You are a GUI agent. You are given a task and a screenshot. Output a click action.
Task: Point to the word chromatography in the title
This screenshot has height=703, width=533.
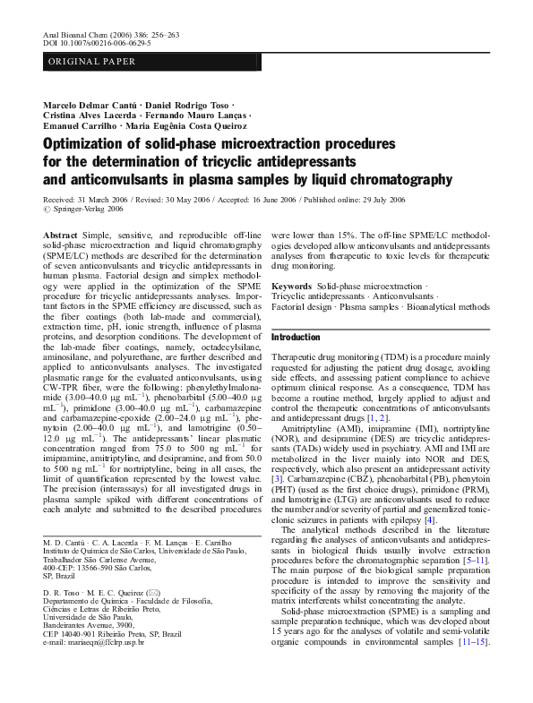392,179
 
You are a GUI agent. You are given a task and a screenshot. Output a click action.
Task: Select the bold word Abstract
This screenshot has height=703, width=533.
60,233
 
